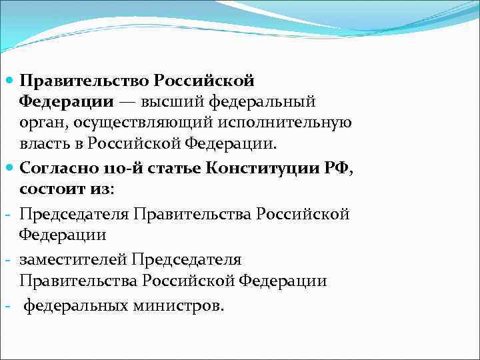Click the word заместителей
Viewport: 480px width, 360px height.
[x=73, y=259]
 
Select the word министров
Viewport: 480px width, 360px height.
[x=188, y=305]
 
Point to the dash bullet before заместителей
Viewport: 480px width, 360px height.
[x=6, y=259]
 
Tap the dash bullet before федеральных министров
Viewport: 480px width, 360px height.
[x=6, y=305]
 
